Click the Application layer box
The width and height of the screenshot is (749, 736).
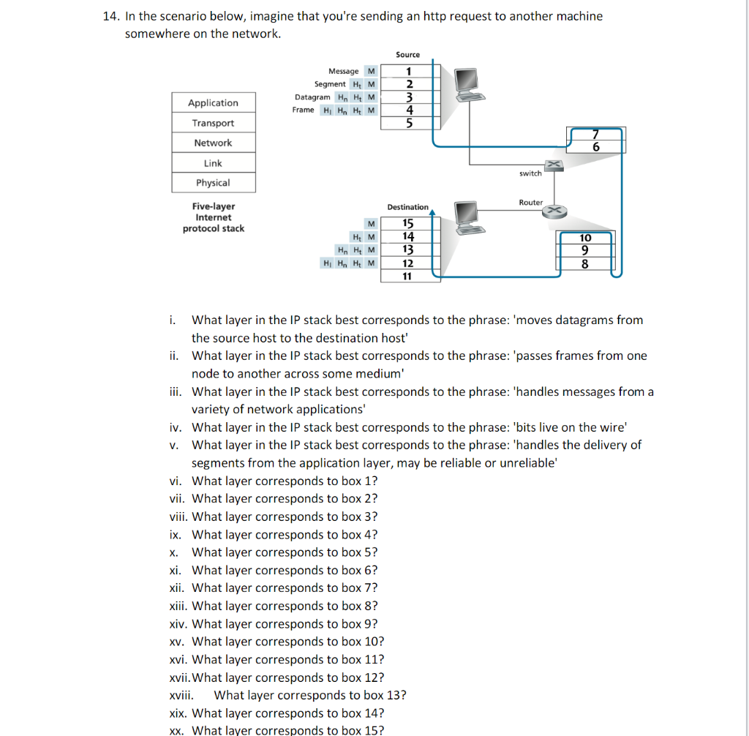pyautogui.click(x=213, y=103)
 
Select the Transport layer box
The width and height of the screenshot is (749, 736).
pyautogui.click(x=213, y=123)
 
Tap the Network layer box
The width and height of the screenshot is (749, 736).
pyautogui.click(x=213, y=143)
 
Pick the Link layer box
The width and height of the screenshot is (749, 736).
pyautogui.click(x=213, y=163)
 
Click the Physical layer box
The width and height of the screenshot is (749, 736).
pyautogui.click(x=213, y=183)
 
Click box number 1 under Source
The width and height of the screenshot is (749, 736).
pyautogui.click(x=408, y=71)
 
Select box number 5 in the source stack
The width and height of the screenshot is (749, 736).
pyautogui.click(x=408, y=123)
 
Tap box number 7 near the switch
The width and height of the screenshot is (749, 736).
pyautogui.click(x=596, y=135)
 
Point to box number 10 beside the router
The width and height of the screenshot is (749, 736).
pyautogui.click(x=585, y=238)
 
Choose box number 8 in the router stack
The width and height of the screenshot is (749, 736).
pyautogui.click(x=585, y=265)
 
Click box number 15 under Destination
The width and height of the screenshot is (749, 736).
pyautogui.click(x=408, y=223)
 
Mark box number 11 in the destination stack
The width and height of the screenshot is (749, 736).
pyautogui.click(x=408, y=277)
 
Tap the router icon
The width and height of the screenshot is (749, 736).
pyautogui.click(x=554, y=211)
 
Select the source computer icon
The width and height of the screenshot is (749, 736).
pyautogui.click(x=466, y=84)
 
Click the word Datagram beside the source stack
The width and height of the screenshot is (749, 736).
pyautogui.click(x=312, y=97)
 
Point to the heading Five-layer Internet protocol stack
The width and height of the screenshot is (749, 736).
pyautogui.click(x=213, y=217)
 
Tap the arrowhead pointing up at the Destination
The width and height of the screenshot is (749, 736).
pyautogui.click(x=434, y=213)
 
